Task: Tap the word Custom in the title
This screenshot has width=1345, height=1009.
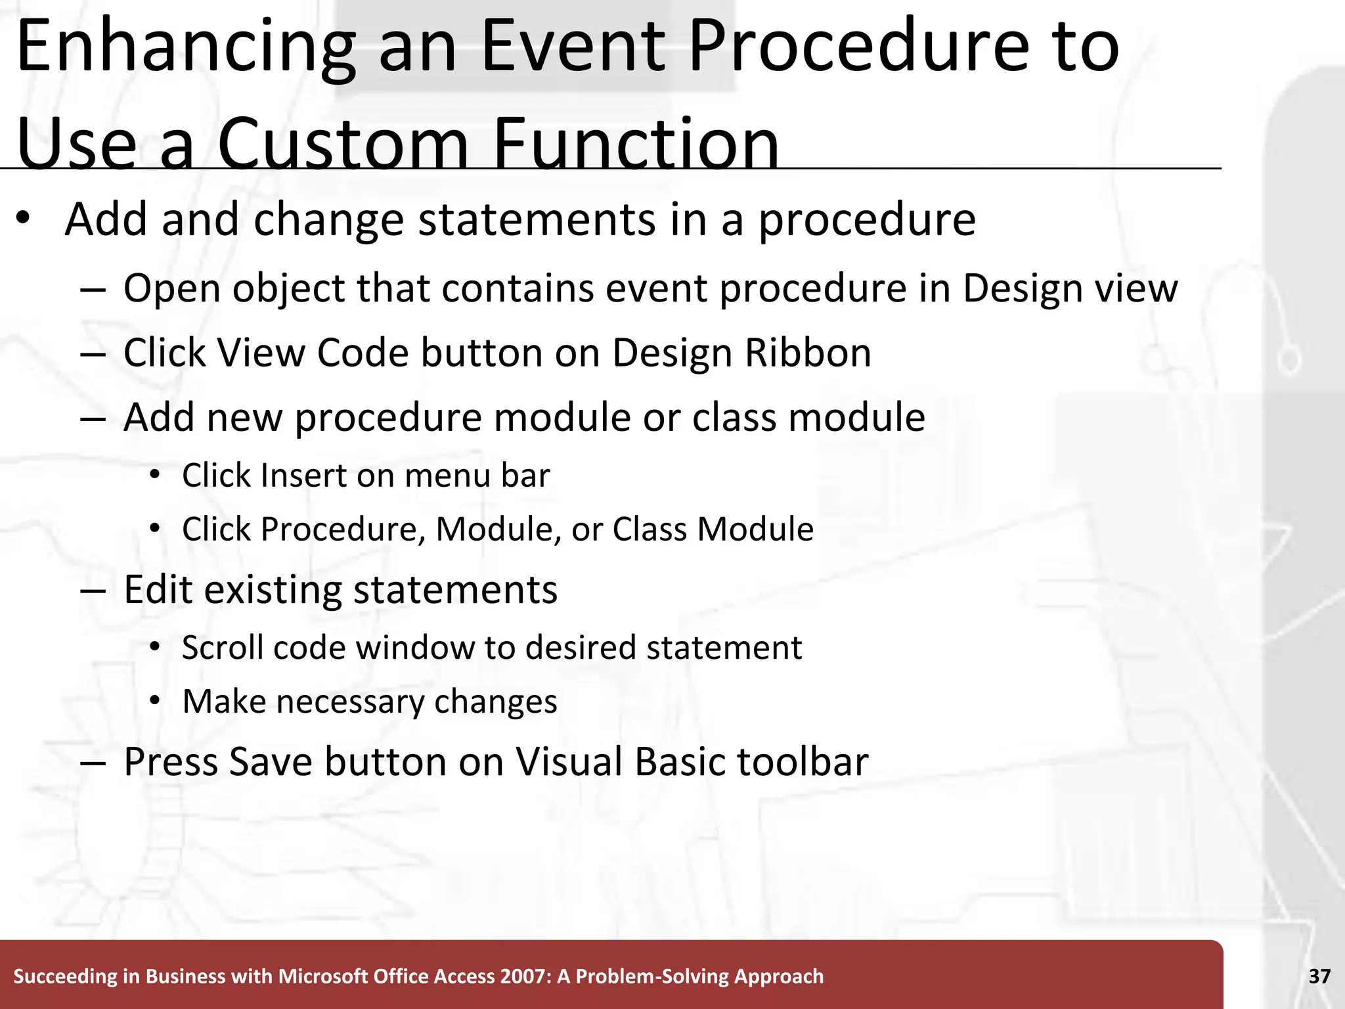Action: point(342,143)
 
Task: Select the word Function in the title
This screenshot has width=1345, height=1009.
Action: point(635,143)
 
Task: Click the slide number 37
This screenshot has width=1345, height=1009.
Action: point(1319,976)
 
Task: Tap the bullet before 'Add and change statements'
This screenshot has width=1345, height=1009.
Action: point(24,220)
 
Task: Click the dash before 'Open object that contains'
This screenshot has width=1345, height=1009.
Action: point(93,290)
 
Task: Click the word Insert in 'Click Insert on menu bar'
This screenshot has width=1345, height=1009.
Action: point(303,476)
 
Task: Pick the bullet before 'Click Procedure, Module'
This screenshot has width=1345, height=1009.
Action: point(154,529)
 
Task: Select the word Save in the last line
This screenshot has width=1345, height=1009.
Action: point(270,762)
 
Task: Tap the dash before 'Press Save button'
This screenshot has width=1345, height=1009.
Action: point(93,763)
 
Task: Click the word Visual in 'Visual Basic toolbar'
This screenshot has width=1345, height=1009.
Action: point(568,762)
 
